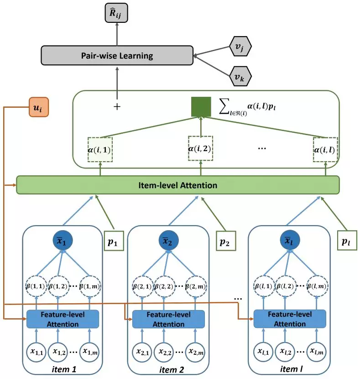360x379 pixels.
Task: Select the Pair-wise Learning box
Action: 117,55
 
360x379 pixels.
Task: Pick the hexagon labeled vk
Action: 239,78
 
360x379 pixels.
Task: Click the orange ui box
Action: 38,108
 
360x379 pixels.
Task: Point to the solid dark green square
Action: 201,107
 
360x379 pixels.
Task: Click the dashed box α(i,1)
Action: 100,149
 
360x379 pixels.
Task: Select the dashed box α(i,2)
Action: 201,148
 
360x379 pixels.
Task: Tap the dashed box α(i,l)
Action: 326,149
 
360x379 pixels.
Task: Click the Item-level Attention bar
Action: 178,185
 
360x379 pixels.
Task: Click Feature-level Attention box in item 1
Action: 63,319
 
